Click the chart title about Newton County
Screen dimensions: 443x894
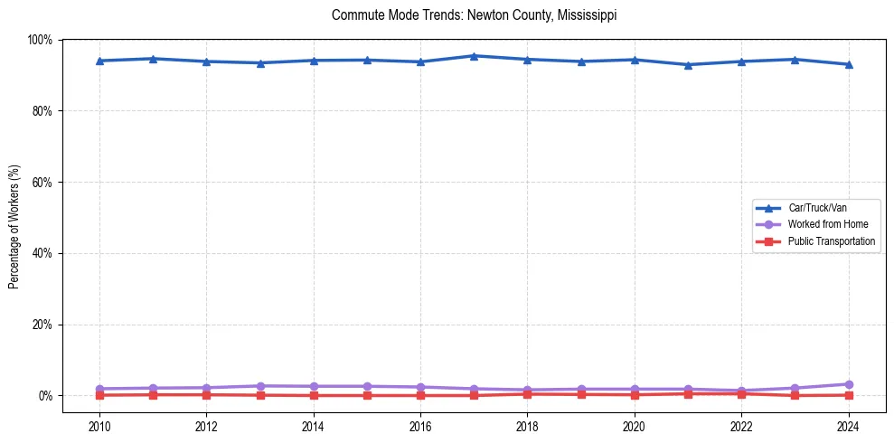tap(475, 15)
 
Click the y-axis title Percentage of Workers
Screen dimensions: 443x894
tap(14, 217)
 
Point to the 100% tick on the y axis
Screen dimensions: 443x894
tap(41, 40)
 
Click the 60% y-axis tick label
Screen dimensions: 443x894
tap(42, 182)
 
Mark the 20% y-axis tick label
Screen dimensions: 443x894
tap(42, 325)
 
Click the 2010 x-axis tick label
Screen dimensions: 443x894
tap(99, 427)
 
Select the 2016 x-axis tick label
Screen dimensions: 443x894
tap(420, 427)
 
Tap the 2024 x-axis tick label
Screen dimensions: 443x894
tap(848, 427)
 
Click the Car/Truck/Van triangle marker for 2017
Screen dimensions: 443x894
tap(474, 56)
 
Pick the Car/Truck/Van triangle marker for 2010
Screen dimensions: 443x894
tap(99, 61)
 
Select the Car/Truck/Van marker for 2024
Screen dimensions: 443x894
tap(848, 64)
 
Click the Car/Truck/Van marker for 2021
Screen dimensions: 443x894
tap(688, 65)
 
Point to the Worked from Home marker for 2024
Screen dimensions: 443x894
tap(848, 384)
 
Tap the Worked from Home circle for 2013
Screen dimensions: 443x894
tap(260, 386)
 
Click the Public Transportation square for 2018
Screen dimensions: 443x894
tap(527, 394)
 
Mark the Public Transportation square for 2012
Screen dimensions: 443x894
tap(207, 394)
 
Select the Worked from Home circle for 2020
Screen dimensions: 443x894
tap(634, 389)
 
